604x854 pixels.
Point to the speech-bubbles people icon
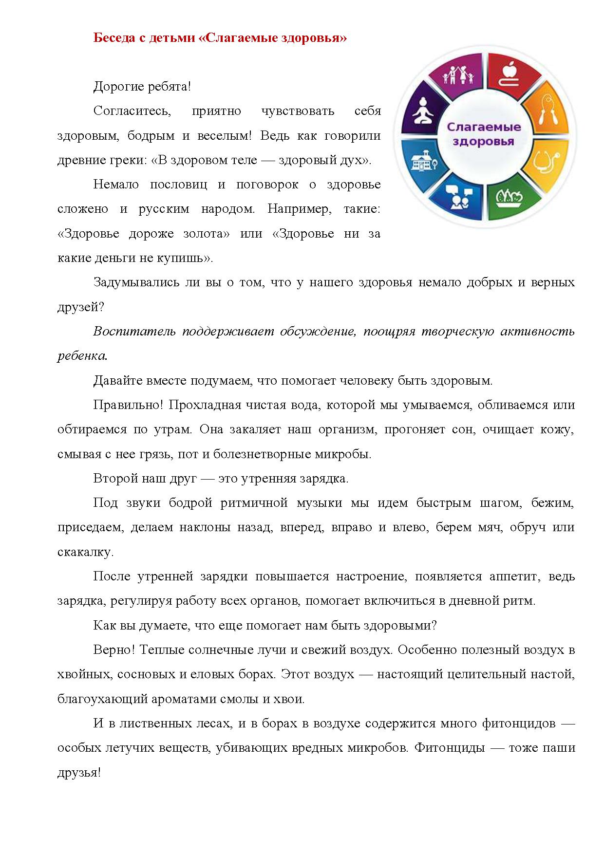[x=460, y=197]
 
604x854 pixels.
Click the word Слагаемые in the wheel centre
[x=484, y=128]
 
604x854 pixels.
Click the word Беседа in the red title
[x=111, y=38]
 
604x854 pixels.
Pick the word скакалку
[x=85, y=552]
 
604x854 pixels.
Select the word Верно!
[x=112, y=650]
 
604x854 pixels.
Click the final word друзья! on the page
[x=79, y=772]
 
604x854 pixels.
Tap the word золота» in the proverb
[x=206, y=234]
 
